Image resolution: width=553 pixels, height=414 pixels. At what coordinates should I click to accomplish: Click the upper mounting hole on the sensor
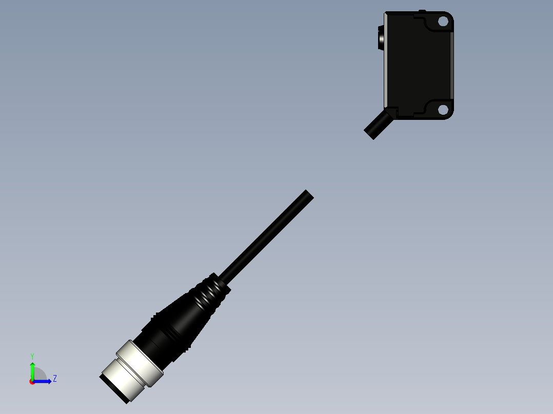(x=443, y=22)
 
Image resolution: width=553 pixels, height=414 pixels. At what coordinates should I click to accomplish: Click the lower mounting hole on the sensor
(x=443, y=109)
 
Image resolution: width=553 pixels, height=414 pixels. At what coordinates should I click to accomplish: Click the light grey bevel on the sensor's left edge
(x=385, y=61)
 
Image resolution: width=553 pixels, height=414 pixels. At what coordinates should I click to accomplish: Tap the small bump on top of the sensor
(x=422, y=11)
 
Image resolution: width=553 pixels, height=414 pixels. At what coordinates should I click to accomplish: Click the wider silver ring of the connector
(x=140, y=363)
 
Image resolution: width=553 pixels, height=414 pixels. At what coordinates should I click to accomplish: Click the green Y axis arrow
(x=32, y=370)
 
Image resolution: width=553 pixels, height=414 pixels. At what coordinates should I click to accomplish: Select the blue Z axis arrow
(x=43, y=381)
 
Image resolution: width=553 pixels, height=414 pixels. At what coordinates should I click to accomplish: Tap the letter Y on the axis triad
(x=32, y=356)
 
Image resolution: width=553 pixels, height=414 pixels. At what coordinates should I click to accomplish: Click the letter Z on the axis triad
(x=54, y=379)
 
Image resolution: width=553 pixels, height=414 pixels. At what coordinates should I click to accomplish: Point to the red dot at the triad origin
(x=32, y=382)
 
